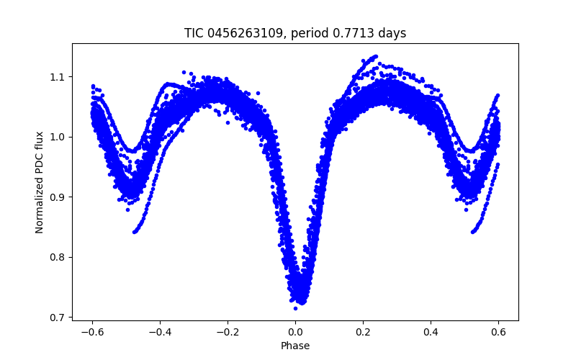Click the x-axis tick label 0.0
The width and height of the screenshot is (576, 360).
point(295,333)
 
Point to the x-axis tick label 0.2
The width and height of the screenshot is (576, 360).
point(364,333)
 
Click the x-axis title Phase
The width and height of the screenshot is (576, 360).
point(295,346)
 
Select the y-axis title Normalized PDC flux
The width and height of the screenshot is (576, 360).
point(40,182)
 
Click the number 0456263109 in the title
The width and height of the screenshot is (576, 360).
point(242,33)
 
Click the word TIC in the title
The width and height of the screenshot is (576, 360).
point(194,33)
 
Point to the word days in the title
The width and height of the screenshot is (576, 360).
point(392,33)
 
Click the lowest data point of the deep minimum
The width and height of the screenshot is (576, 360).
point(294,308)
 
